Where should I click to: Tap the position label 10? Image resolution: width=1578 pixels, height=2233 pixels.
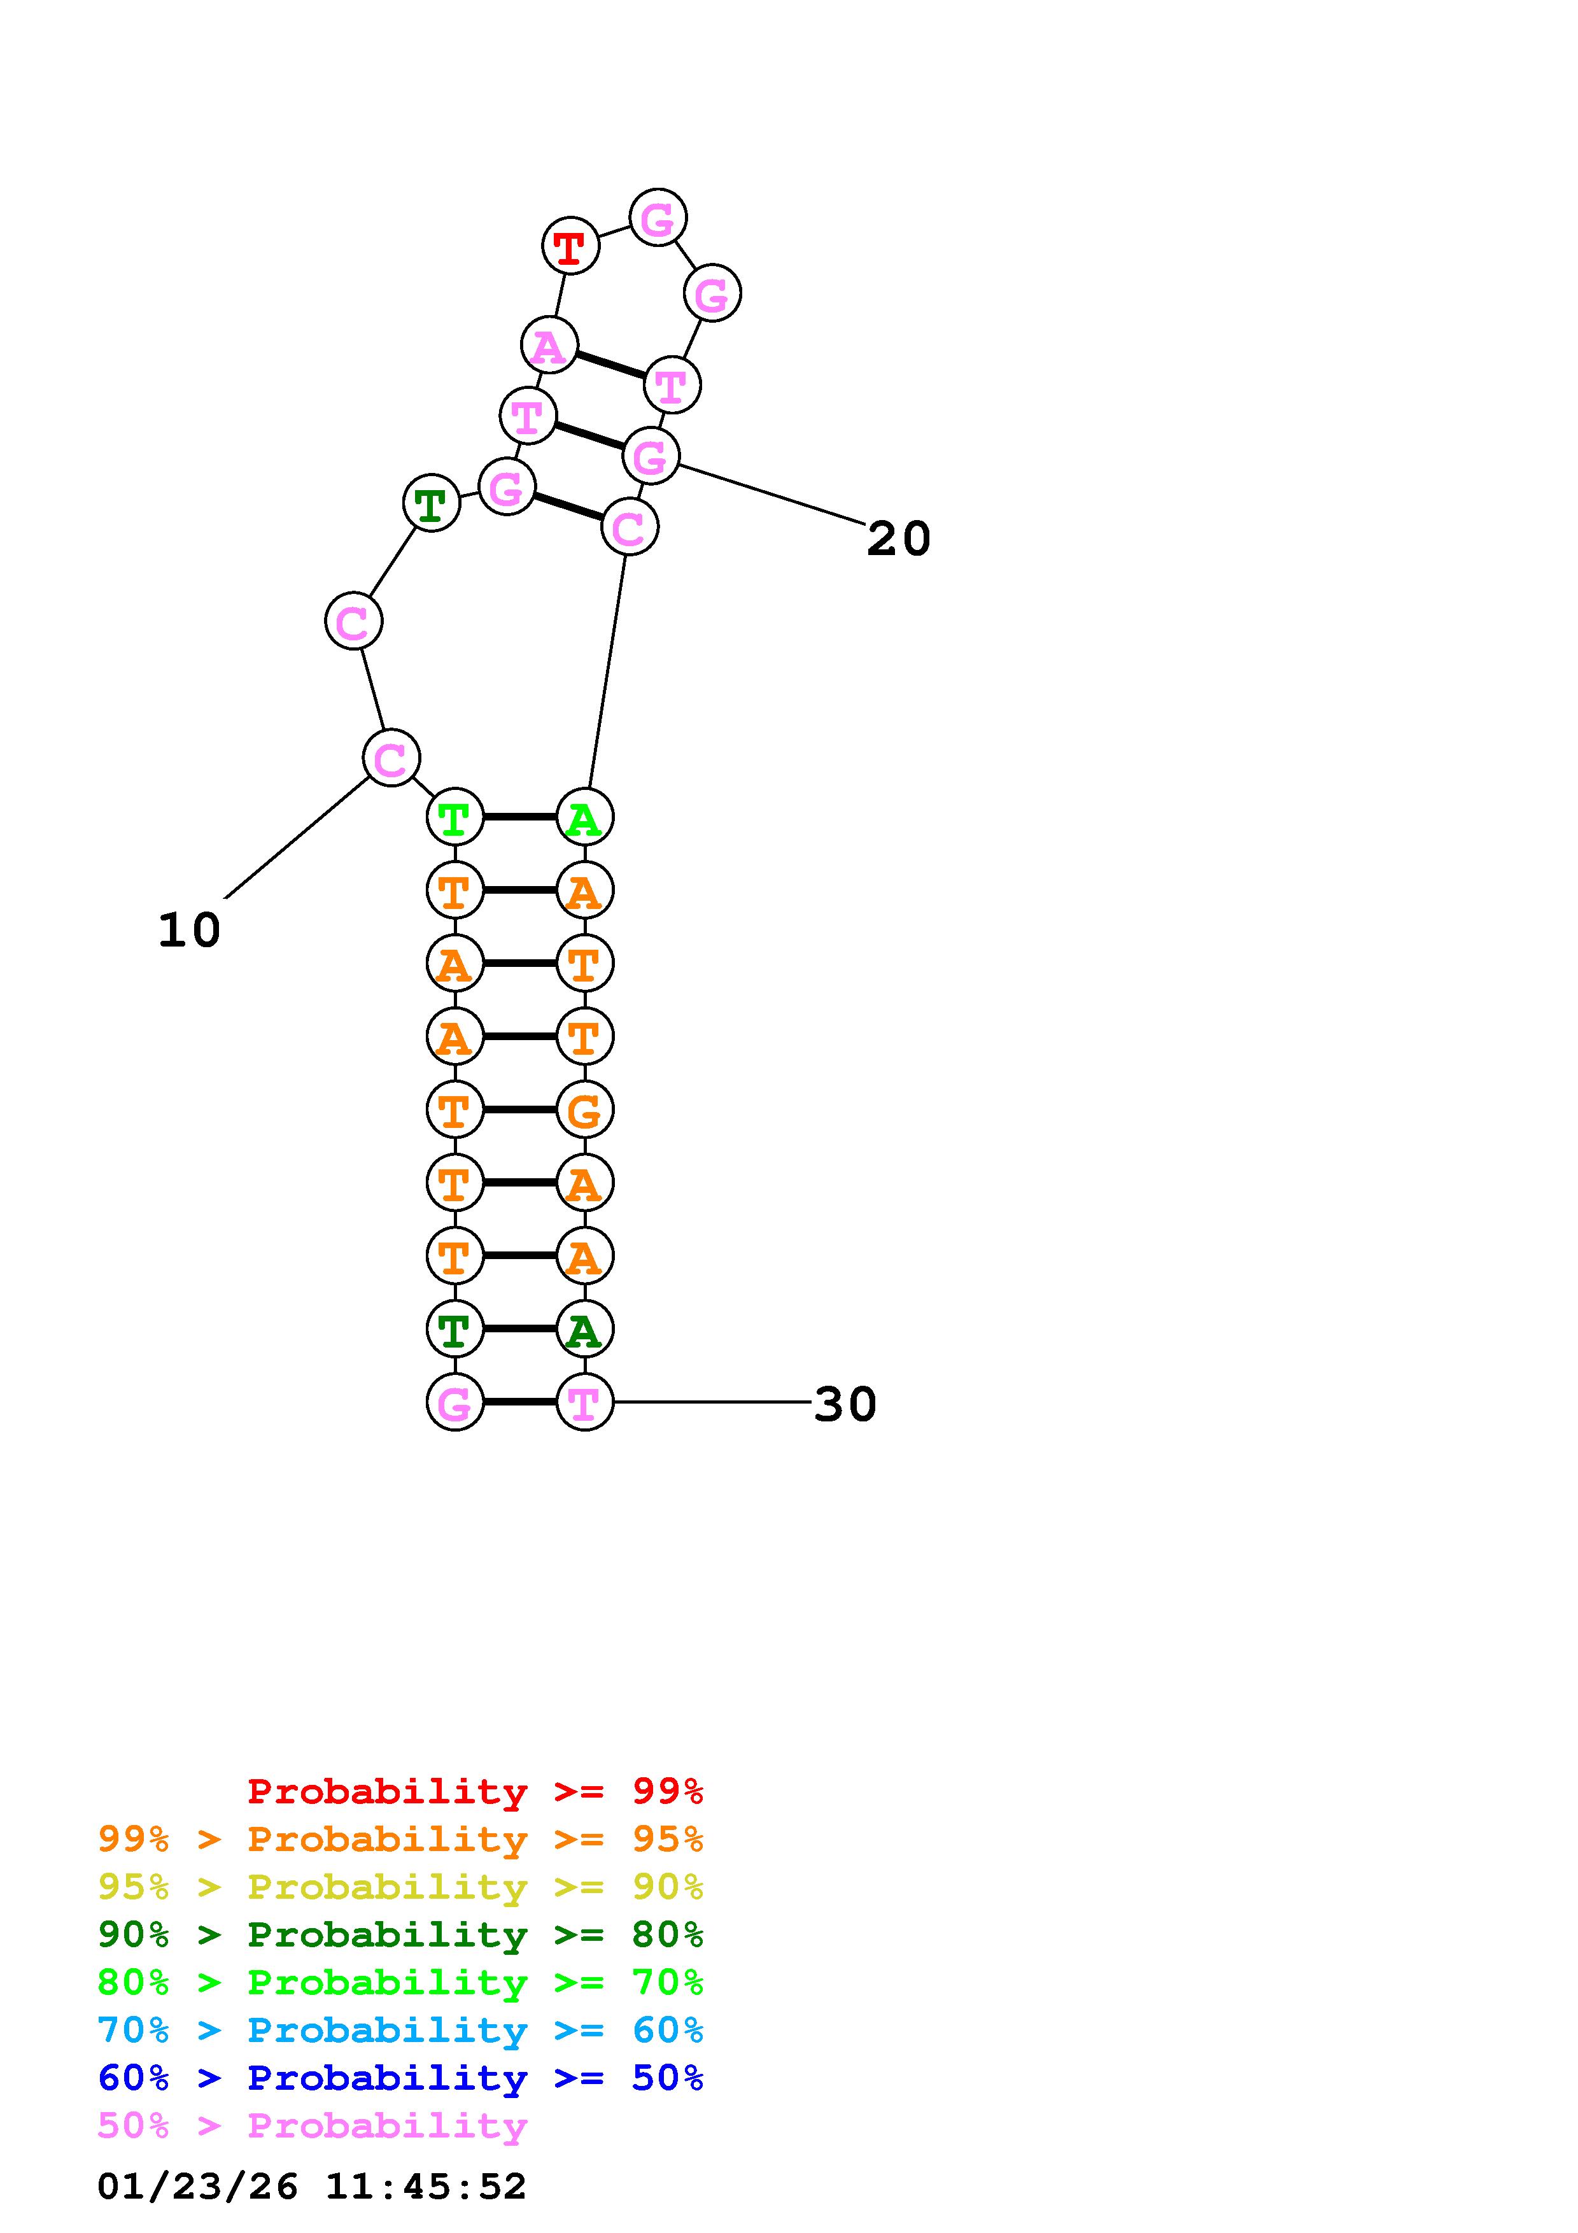(x=190, y=931)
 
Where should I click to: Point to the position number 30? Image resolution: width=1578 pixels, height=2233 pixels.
(x=845, y=1404)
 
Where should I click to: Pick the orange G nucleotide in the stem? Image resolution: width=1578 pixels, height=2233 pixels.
(x=584, y=1109)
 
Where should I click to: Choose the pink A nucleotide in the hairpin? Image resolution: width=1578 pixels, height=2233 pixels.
(x=549, y=345)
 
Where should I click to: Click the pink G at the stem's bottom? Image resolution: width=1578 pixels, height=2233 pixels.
(x=455, y=1402)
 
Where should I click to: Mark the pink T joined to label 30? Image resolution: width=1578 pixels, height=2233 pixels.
(x=584, y=1402)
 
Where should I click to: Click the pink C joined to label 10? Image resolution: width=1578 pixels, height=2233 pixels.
(x=391, y=759)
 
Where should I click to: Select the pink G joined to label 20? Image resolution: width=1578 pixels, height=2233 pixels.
(x=651, y=455)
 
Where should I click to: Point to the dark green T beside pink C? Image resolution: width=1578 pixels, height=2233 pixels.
(x=431, y=503)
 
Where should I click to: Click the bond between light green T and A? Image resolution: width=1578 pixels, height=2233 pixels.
(x=519, y=817)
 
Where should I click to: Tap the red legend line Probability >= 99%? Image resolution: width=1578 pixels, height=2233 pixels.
(x=476, y=1791)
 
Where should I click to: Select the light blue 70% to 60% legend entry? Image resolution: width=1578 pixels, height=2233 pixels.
(x=400, y=2031)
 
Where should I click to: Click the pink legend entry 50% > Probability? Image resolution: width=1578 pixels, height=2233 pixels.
(x=313, y=2126)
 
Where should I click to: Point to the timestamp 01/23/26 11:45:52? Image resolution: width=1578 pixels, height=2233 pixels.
(x=312, y=2187)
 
